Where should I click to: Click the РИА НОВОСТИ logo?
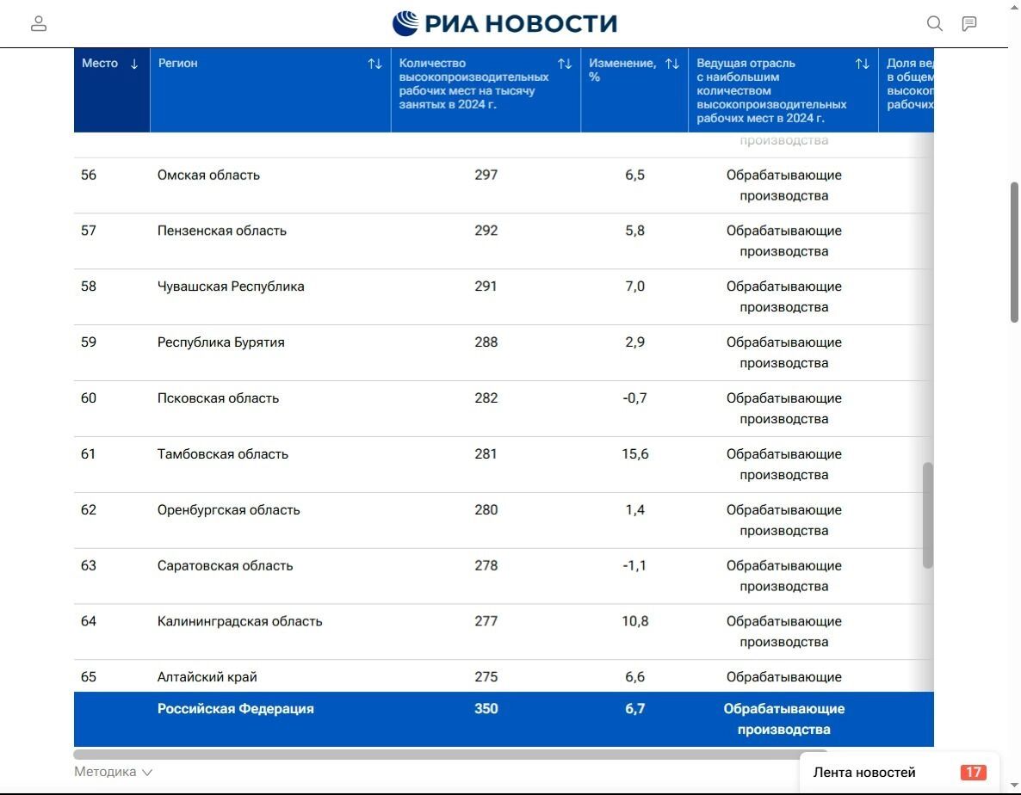tap(504, 23)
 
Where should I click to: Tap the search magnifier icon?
tap(934, 24)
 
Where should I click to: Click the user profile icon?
tap(39, 24)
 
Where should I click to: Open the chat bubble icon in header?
tap(969, 24)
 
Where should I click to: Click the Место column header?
tap(100, 64)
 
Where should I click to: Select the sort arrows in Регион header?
tap(374, 64)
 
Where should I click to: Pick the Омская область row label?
tap(208, 176)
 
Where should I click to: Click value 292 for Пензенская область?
tap(486, 231)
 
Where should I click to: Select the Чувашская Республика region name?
tap(231, 287)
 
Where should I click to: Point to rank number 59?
tap(89, 342)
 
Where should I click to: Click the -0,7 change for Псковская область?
tap(634, 398)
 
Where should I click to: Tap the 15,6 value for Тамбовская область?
tap(634, 454)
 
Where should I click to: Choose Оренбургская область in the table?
tap(228, 510)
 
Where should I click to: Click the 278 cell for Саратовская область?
tap(486, 566)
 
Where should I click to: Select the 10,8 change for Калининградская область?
tap(634, 622)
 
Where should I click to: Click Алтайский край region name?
tap(207, 677)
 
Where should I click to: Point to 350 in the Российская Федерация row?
tap(486, 709)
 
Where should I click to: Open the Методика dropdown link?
tap(113, 772)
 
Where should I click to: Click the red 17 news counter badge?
tap(973, 773)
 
